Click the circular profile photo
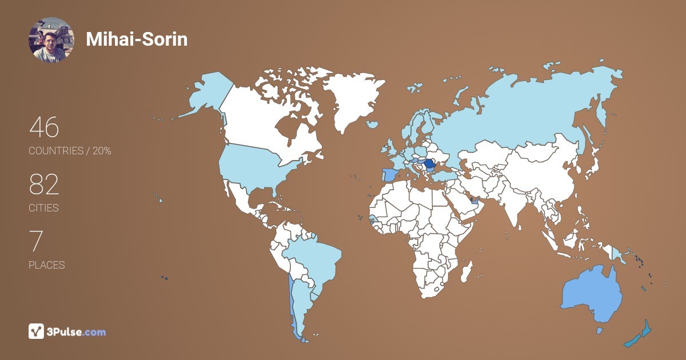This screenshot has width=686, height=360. pos(51,39)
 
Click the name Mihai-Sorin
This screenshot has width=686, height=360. pos(137,39)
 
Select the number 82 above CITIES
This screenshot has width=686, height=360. pos(44,185)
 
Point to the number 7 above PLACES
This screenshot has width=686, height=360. pos(36,241)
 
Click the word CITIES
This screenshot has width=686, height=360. pos(43,208)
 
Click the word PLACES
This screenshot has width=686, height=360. pos(46,265)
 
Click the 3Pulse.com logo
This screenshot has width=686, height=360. pos(67,331)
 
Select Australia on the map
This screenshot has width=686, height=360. pos(592,294)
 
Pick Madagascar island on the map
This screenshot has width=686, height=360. pos(467,270)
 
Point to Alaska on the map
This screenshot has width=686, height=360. pos(209,94)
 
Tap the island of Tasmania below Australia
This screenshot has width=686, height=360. pos(600,330)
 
